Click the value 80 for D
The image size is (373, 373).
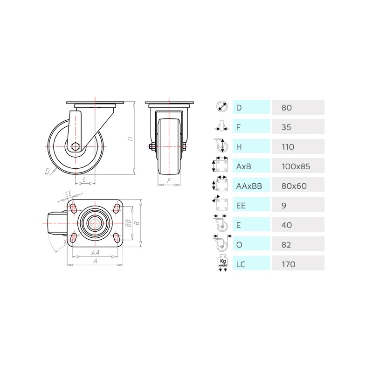tap(286, 108)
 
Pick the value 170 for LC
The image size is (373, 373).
tap(288, 264)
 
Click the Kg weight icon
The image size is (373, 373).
tap(223, 263)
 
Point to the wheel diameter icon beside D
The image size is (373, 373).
tap(222, 107)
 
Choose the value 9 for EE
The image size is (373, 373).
tap(284, 206)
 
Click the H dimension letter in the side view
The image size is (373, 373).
tap(131, 138)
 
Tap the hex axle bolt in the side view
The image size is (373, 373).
tap(75, 146)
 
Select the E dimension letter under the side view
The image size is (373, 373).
tap(84, 180)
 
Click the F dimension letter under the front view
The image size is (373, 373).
tap(169, 180)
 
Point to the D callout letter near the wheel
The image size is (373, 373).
tap(48, 171)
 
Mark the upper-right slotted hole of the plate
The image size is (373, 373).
tap(117, 208)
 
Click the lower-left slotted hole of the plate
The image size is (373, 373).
tap(74, 237)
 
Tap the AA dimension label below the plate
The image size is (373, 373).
tap(95, 252)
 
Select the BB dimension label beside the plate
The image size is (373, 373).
tap(129, 223)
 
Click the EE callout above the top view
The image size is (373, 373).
tap(69, 194)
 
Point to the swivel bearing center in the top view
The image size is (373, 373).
tap(95, 223)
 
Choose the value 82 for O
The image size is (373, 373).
tap(286, 245)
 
